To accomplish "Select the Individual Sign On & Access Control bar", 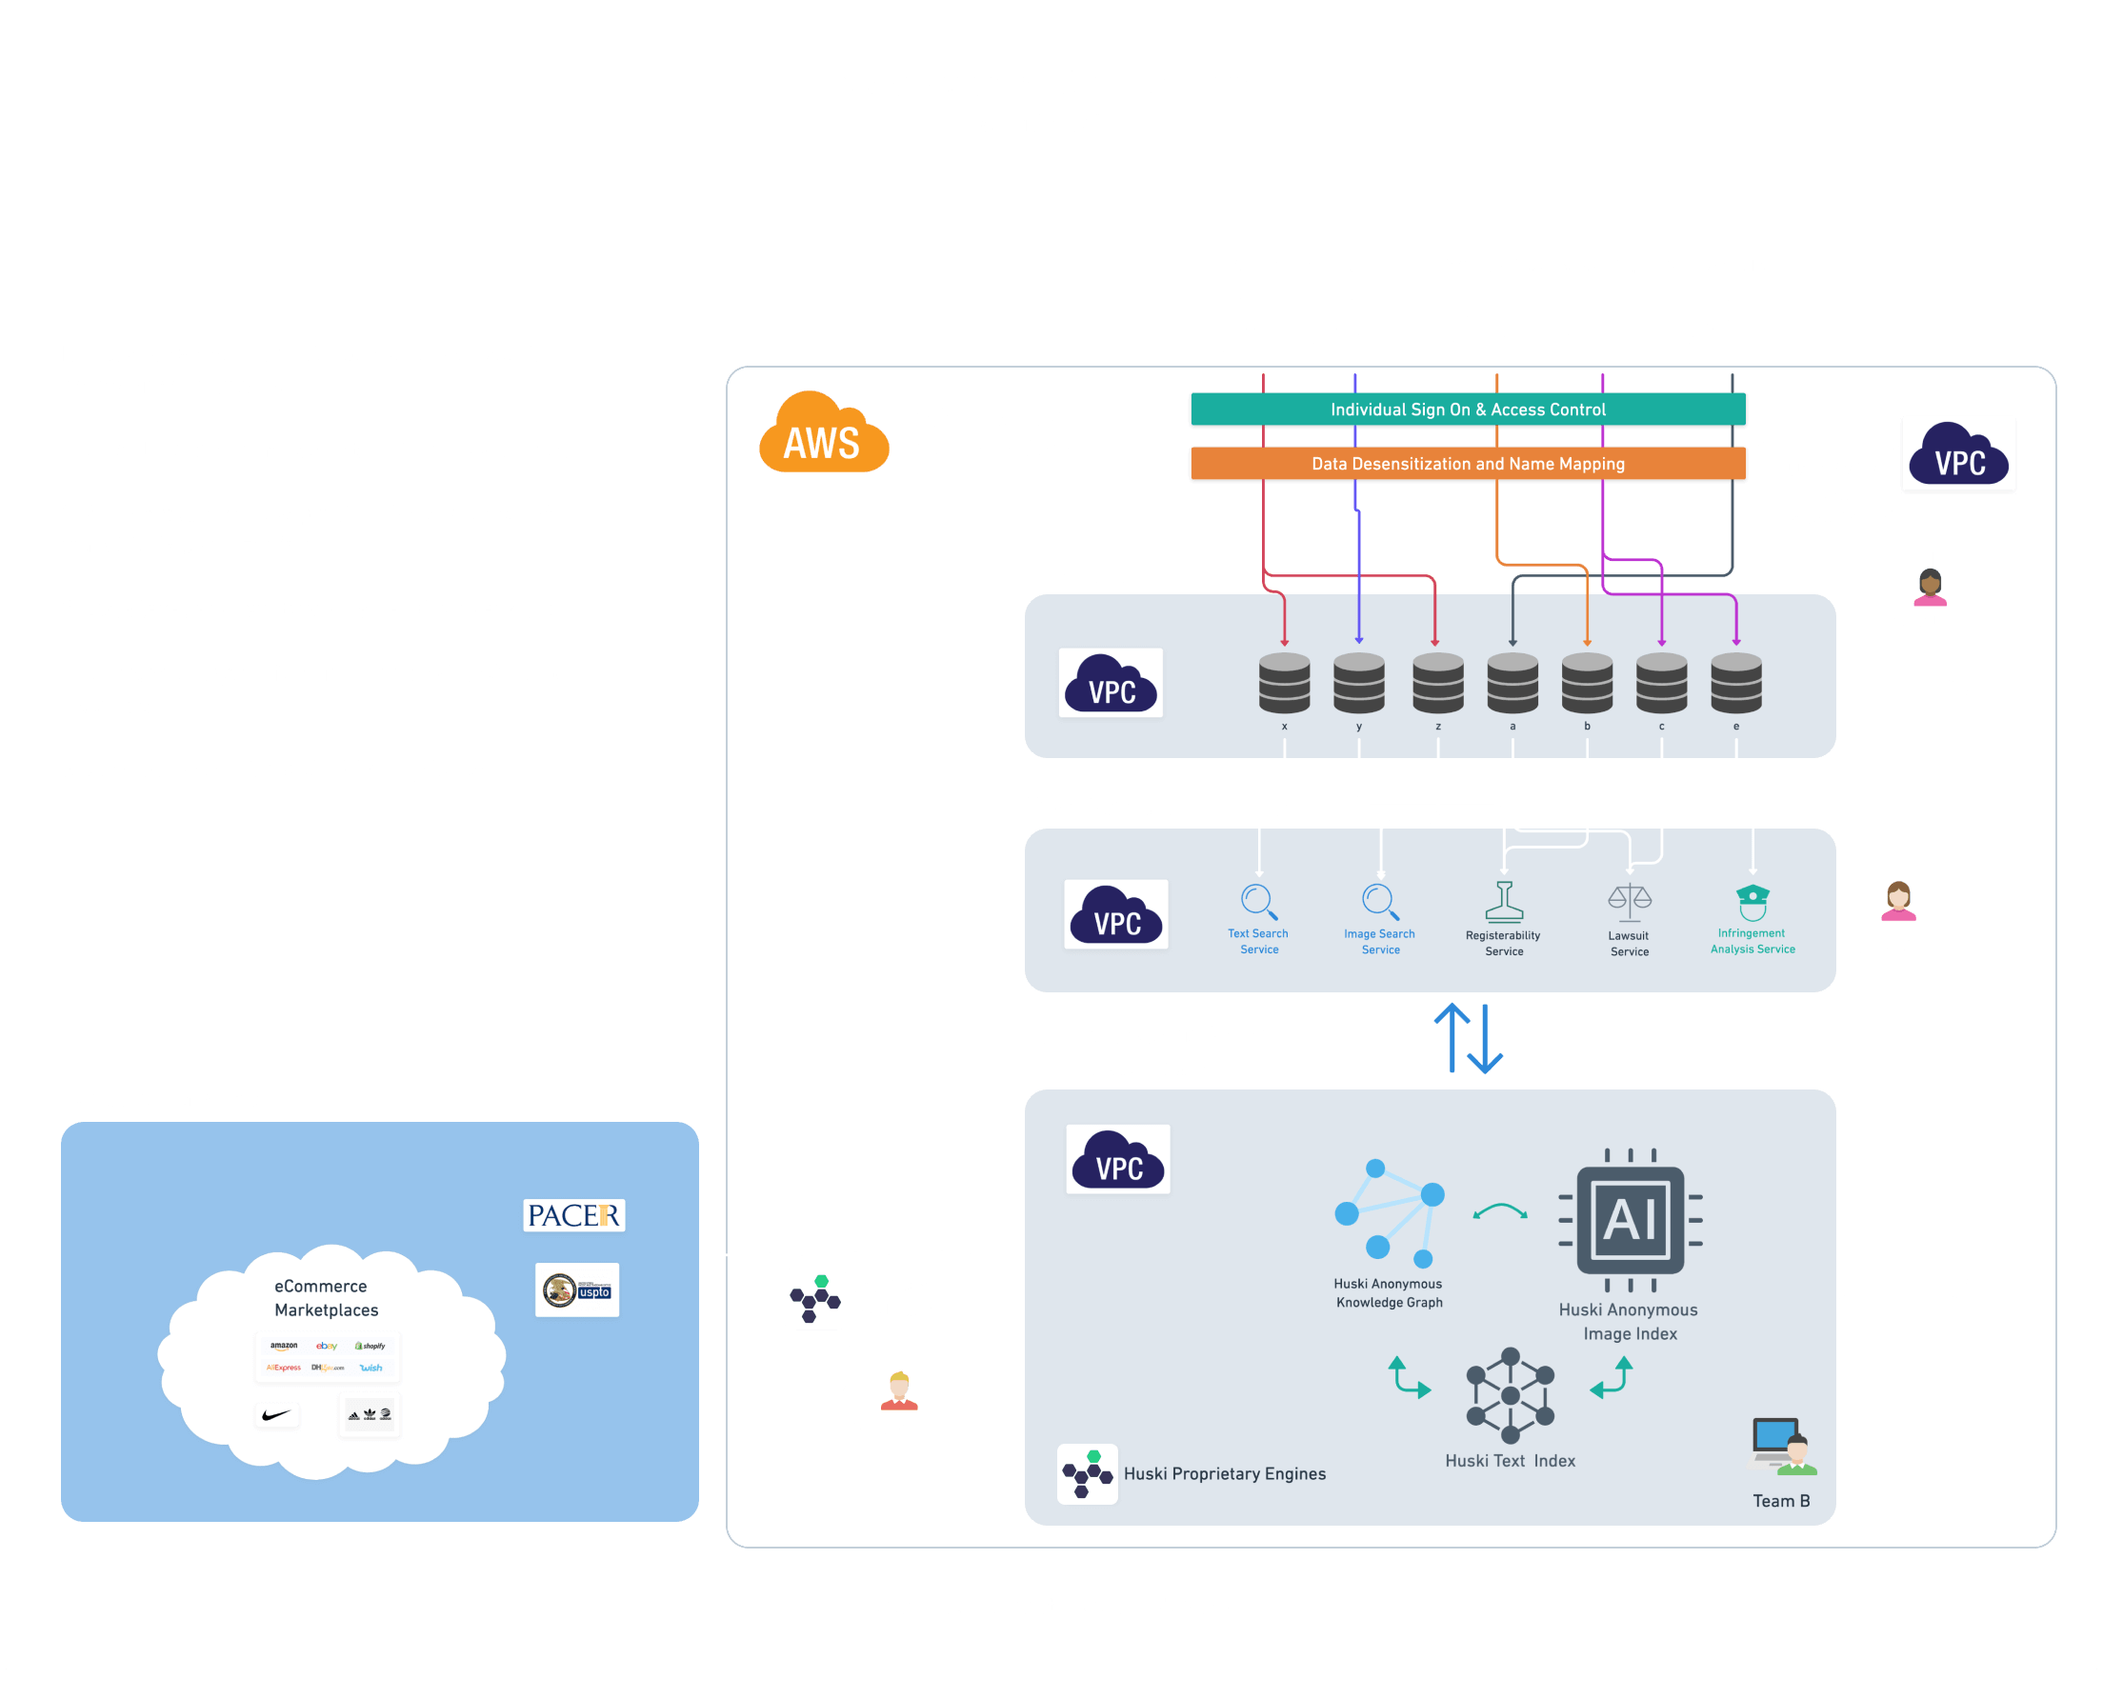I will (x=1467, y=410).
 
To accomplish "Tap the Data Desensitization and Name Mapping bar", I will (x=1467, y=464).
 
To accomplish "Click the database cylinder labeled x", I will (x=1284, y=682).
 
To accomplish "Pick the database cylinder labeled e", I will (x=1735, y=682).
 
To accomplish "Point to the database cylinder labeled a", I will (x=1512, y=682).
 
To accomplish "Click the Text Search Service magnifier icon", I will (x=1258, y=901).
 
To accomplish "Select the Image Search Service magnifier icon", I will (x=1380, y=901).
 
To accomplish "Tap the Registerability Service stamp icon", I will (x=1503, y=901).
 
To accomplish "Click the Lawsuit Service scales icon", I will (x=1629, y=901).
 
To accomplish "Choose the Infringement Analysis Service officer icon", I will (x=1752, y=901).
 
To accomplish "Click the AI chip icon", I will (x=1630, y=1219).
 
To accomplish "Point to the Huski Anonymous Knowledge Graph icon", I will (x=1390, y=1213).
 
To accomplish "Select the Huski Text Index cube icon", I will (x=1510, y=1394).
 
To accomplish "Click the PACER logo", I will (x=573, y=1214).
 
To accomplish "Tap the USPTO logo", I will (x=576, y=1289).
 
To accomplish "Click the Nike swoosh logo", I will (x=277, y=1414).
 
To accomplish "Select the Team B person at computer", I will (x=1782, y=1447).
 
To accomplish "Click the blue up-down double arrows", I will (x=1468, y=1038).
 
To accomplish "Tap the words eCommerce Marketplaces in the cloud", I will (x=325, y=1298).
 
